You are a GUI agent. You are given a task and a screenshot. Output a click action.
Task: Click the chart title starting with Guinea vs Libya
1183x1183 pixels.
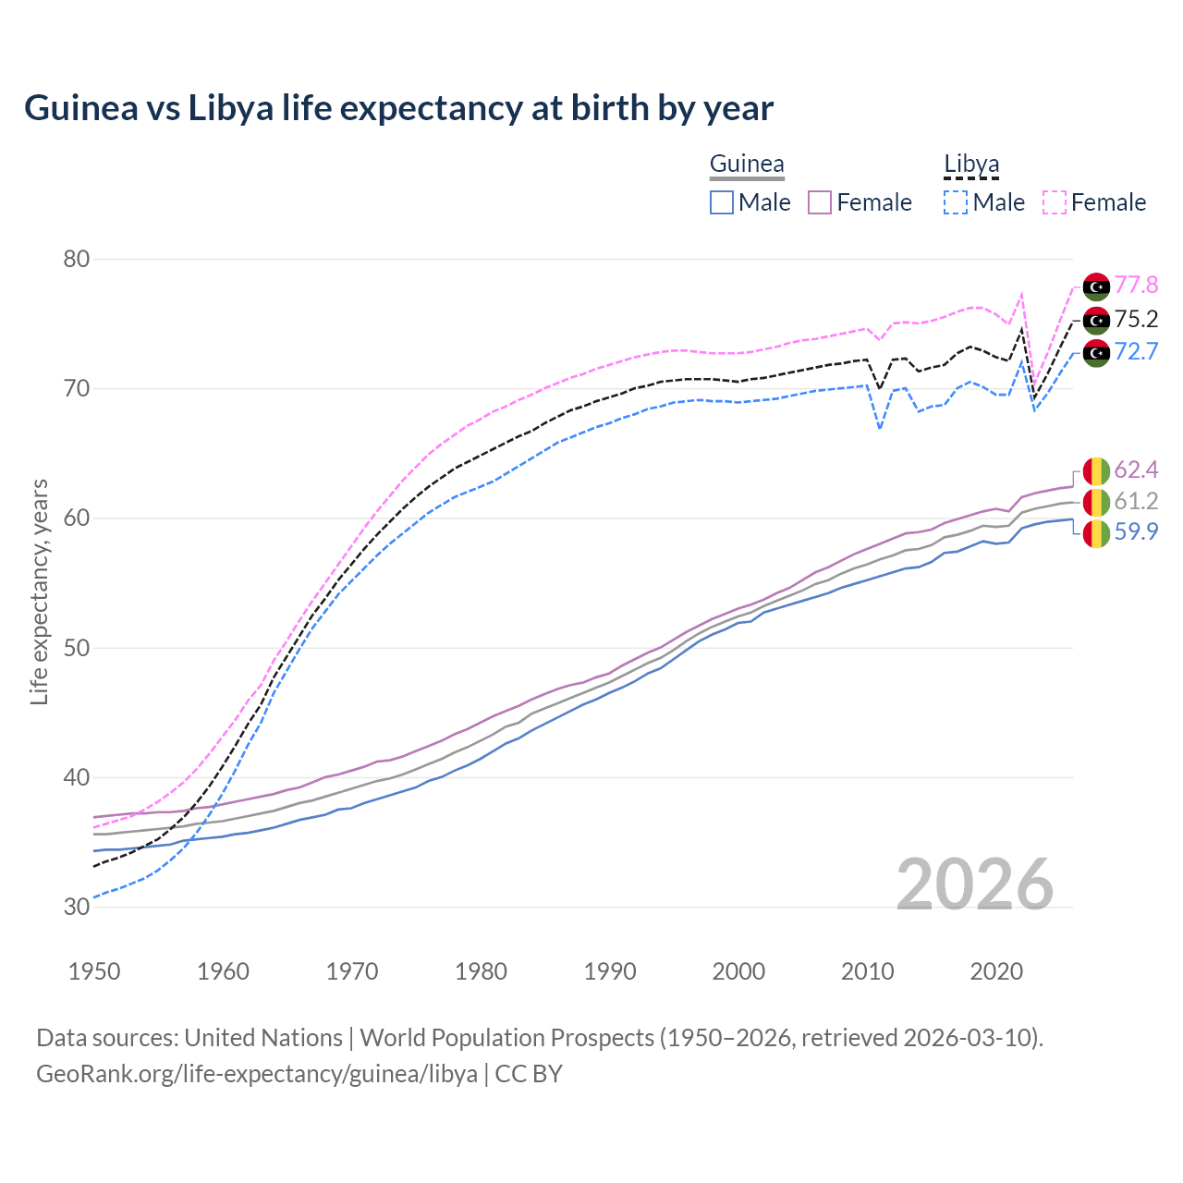[398, 108]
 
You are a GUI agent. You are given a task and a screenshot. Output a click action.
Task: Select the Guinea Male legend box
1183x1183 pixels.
[722, 202]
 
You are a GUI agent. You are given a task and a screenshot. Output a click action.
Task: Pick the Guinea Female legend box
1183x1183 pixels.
[821, 202]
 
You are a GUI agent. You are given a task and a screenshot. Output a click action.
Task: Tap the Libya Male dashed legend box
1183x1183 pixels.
[956, 202]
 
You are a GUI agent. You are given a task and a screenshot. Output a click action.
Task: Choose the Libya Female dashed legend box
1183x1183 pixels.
[1055, 202]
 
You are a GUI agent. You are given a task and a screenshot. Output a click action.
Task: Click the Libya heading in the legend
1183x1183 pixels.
[971, 165]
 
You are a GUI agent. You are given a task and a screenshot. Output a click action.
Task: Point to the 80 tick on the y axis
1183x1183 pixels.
[76, 259]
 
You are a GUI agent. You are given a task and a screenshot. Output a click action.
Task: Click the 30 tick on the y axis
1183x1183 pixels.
[76, 908]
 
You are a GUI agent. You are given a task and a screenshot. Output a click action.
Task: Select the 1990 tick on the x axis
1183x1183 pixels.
[610, 971]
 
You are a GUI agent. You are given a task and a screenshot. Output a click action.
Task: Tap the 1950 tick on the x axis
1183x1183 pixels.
[95, 971]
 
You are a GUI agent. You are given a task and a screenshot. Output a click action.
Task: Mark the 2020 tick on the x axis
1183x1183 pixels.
[996, 971]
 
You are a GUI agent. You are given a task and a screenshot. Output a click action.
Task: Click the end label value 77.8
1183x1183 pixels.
[1136, 285]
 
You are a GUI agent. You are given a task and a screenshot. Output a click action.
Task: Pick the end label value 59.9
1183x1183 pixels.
[1136, 531]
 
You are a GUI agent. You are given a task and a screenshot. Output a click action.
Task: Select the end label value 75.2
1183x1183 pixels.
[1136, 319]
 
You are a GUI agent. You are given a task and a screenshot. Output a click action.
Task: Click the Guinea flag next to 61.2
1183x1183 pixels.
[1096, 502]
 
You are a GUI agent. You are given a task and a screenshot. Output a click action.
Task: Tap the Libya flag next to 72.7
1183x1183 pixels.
[1096, 352]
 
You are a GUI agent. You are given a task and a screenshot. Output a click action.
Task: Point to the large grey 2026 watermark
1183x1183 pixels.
[974, 884]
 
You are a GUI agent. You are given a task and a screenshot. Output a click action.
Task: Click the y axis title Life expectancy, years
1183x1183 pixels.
[39, 591]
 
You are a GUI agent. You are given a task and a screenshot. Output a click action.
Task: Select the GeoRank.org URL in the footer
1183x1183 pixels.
[257, 1074]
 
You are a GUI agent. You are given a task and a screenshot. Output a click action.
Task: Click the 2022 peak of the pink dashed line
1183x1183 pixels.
[1022, 294]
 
